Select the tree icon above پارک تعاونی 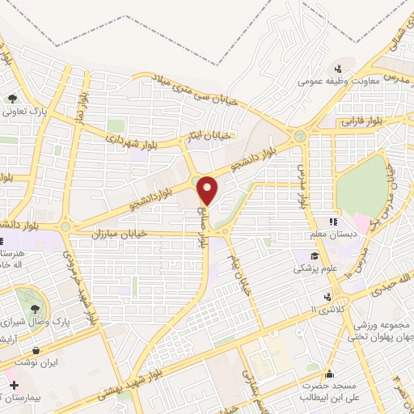point(13,99)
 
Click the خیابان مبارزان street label point(99,233)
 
